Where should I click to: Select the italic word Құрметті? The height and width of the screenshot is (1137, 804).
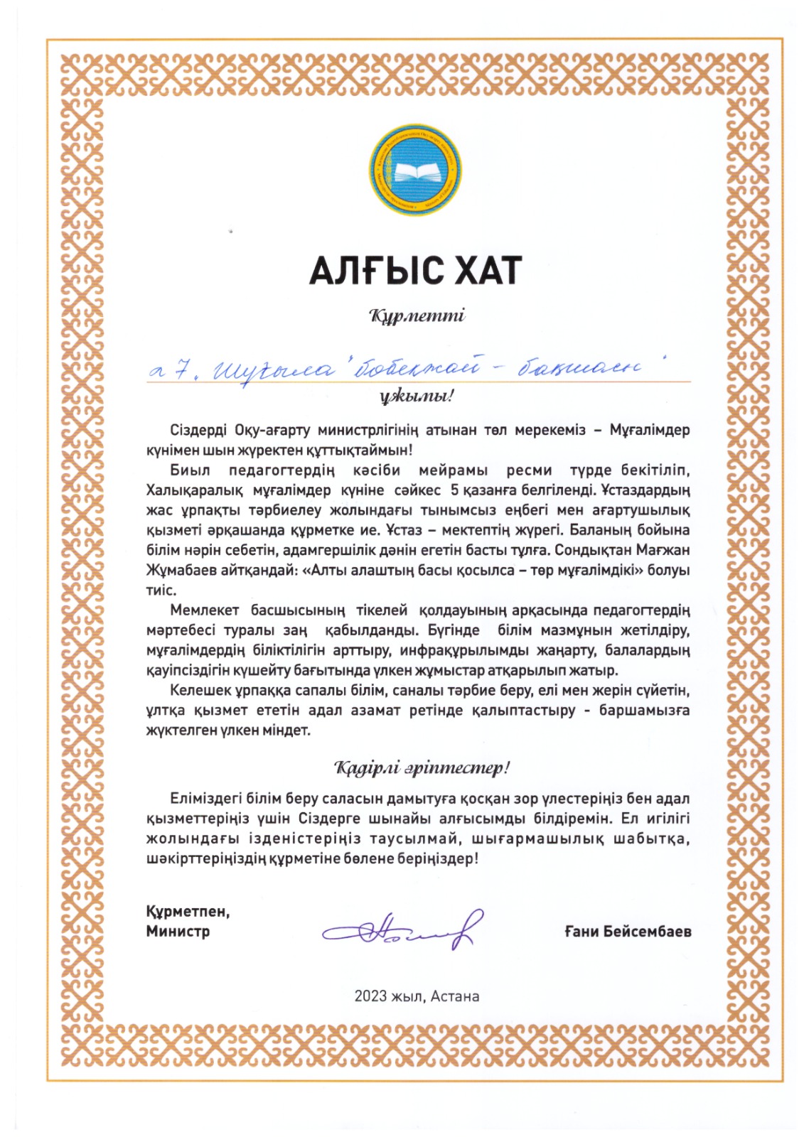[x=417, y=315]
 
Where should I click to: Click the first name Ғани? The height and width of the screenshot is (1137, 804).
[x=581, y=931]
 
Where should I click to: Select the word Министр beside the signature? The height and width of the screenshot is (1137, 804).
[x=178, y=931]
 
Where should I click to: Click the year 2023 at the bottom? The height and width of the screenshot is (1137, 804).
[x=370, y=996]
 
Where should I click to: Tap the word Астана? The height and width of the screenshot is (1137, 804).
[x=454, y=996]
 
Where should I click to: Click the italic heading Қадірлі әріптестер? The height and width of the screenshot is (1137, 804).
[x=422, y=768]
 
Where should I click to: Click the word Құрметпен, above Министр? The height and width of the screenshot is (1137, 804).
[x=188, y=912]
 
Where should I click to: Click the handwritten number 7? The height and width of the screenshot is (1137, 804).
[x=182, y=369]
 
